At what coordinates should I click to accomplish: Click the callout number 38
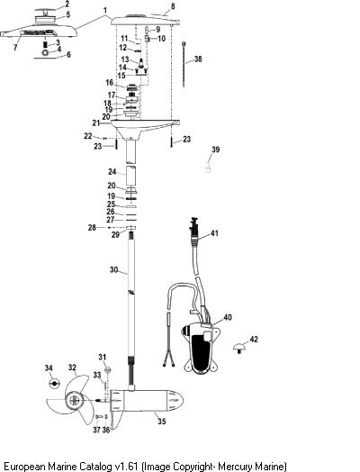(198, 59)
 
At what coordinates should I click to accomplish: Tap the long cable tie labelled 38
(184, 65)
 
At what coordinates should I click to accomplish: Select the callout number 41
(214, 233)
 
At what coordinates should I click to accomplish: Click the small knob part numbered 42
(239, 348)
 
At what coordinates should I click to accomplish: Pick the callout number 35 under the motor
(162, 421)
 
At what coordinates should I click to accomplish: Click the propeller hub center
(75, 400)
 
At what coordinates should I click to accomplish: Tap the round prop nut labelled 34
(54, 384)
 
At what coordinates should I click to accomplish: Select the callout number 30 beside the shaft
(113, 269)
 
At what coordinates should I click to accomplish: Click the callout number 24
(112, 171)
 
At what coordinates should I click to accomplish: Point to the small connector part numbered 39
(207, 168)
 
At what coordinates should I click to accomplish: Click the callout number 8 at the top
(173, 6)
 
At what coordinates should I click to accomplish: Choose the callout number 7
(15, 48)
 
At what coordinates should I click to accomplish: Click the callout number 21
(96, 123)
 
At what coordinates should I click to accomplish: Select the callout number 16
(110, 83)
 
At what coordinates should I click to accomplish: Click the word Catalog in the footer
(95, 466)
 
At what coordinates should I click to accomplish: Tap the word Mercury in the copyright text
(236, 466)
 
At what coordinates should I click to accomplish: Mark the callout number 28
(92, 228)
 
